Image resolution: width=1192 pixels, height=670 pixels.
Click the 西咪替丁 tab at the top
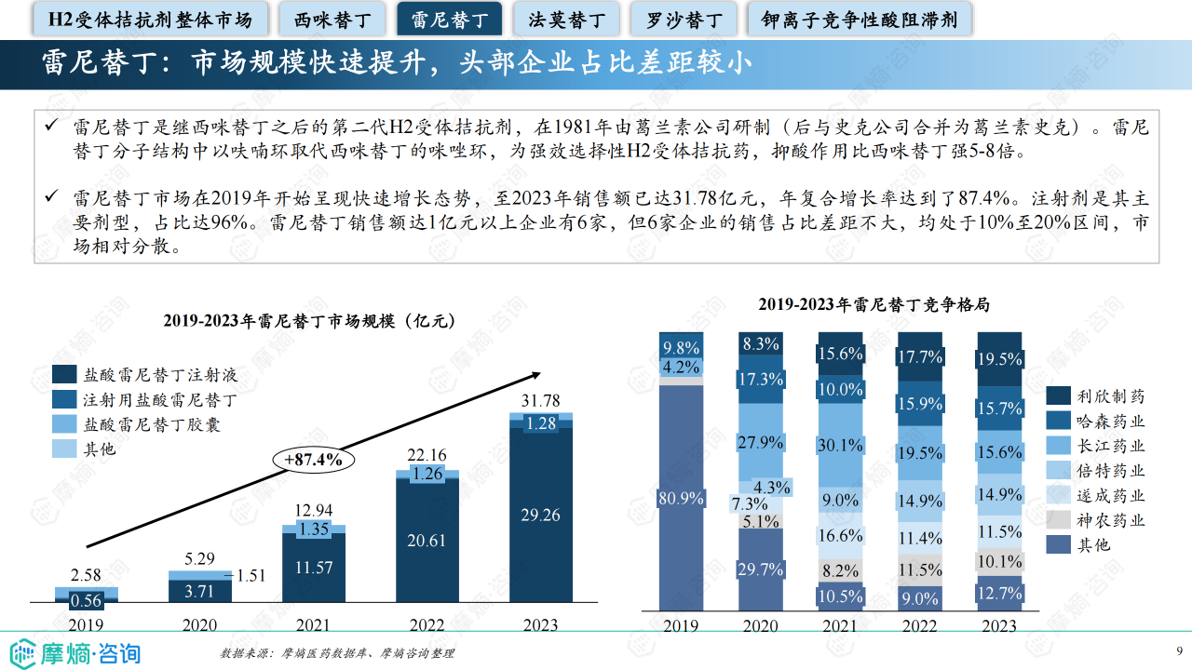point(332,19)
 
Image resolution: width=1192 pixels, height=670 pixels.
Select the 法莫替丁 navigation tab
point(566,19)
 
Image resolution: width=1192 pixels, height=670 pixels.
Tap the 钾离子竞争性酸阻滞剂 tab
point(859,19)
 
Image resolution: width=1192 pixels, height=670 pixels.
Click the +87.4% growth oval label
point(307,459)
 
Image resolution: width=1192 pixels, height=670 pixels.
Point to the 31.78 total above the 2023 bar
point(540,400)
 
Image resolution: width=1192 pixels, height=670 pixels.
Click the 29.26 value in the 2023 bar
point(540,515)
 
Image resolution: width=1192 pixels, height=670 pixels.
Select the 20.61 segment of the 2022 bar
point(427,540)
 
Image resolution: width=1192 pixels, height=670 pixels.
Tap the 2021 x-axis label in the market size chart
point(313,624)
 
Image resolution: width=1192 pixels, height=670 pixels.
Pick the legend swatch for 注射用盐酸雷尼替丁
point(64,400)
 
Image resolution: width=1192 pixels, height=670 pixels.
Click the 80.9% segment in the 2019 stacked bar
point(682,498)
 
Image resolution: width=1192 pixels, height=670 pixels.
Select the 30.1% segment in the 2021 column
point(841,445)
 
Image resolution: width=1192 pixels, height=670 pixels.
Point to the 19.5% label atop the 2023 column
point(1000,359)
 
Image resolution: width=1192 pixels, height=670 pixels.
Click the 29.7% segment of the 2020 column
point(761,569)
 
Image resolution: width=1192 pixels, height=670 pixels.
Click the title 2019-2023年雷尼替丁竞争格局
point(873,304)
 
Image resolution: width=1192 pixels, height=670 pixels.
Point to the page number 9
point(1180,650)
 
